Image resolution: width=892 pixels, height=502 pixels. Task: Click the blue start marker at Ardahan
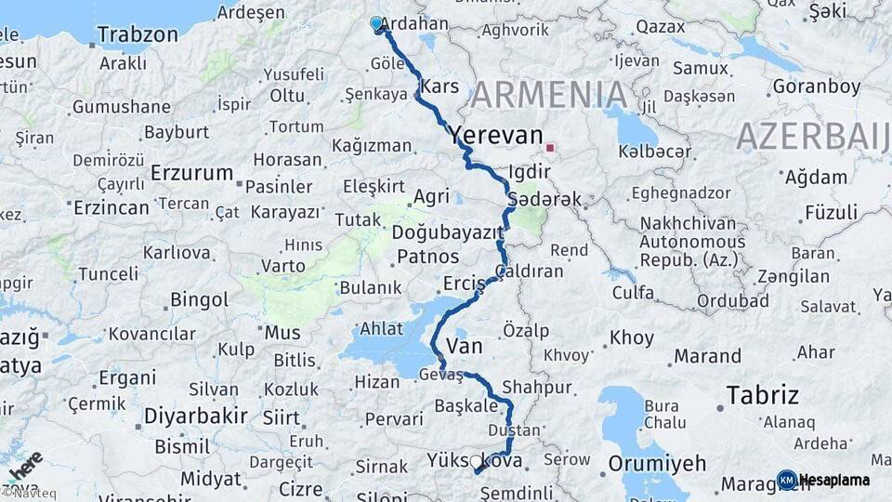click(x=376, y=23)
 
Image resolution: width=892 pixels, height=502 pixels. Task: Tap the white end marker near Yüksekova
click(x=476, y=461)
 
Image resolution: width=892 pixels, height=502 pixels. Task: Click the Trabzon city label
click(x=137, y=35)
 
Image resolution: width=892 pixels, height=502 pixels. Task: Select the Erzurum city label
click(x=191, y=173)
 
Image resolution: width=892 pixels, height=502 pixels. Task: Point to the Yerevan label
click(x=495, y=136)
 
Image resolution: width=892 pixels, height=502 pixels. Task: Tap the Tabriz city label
click(x=762, y=395)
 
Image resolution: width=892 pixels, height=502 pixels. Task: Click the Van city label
click(x=464, y=347)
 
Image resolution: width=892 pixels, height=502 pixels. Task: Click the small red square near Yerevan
click(x=550, y=147)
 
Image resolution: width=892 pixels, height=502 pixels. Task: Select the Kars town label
click(x=439, y=86)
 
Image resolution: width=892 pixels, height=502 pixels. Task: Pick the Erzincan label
click(x=111, y=207)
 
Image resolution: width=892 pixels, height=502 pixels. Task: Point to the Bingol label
click(x=199, y=299)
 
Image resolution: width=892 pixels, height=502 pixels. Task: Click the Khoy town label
click(x=632, y=338)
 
